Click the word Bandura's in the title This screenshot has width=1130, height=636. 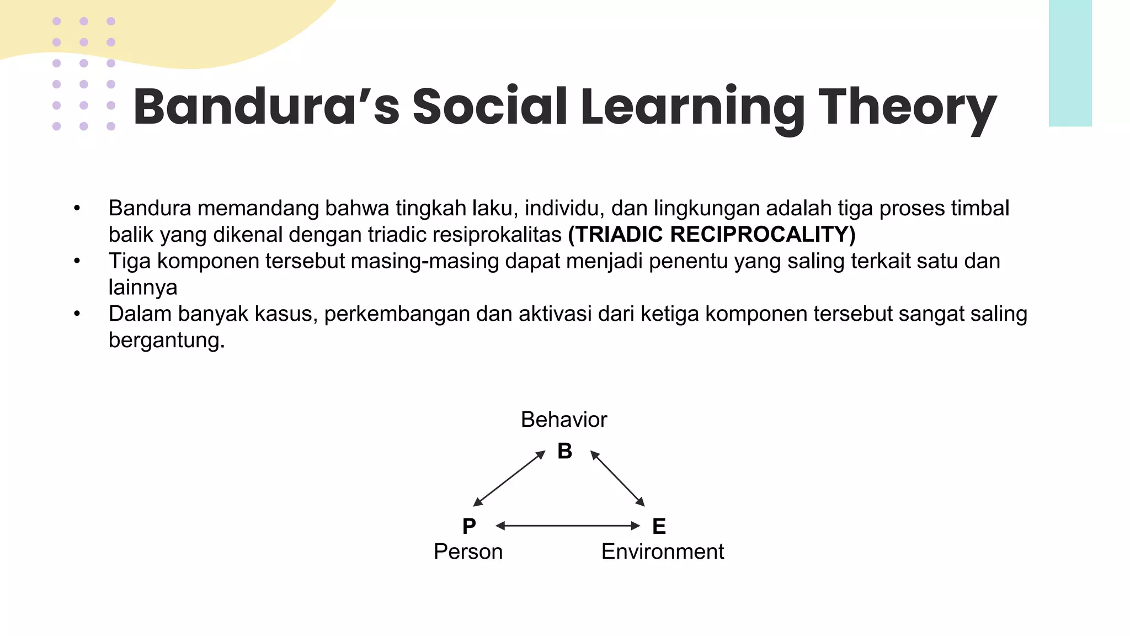[x=266, y=107]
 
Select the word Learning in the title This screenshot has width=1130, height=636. [x=692, y=107]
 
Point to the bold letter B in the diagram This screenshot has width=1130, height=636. [x=564, y=452]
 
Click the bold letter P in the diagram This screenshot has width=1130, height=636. [x=469, y=526]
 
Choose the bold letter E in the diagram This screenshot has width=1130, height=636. [x=659, y=526]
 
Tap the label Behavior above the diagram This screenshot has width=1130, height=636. [x=564, y=420]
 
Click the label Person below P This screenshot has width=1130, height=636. [x=468, y=552]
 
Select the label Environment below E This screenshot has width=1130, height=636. [x=662, y=552]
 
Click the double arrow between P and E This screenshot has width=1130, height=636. [x=568, y=526]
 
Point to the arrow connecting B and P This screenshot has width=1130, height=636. [x=509, y=478]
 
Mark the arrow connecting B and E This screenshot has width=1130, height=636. [x=617, y=479]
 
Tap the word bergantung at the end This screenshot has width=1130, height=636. [x=166, y=341]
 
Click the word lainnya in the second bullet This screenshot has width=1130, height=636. [x=143, y=288]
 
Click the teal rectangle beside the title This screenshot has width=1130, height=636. [x=1070, y=63]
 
